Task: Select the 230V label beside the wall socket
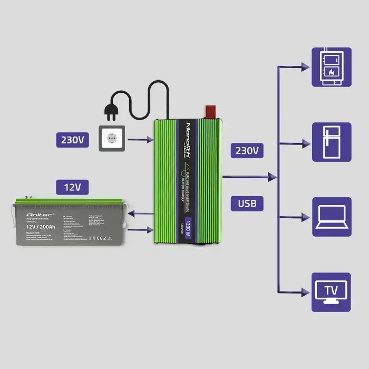coord(73,140)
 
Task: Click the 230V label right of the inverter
coord(247,150)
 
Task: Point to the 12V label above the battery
coord(73,187)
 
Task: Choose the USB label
coord(247,203)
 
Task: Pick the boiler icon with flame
coord(331,67)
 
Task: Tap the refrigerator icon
coord(331,142)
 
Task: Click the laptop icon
coord(331,217)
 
